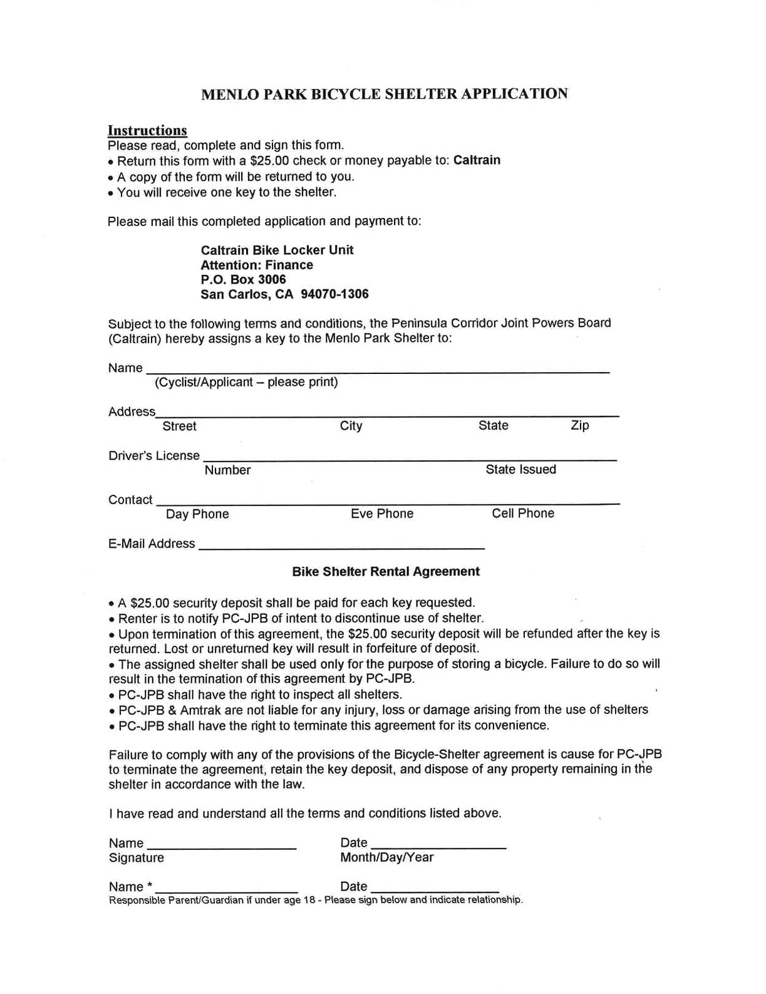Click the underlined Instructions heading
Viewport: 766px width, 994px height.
pyautogui.click(x=147, y=130)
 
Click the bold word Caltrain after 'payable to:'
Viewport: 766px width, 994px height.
pyautogui.click(x=477, y=160)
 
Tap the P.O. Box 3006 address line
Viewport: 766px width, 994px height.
pyautogui.click(x=243, y=279)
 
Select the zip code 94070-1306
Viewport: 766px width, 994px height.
pyautogui.click(x=334, y=294)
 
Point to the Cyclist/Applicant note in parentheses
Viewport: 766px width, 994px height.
pyautogui.click(x=246, y=382)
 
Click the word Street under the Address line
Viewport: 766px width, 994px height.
pyautogui.click(x=179, y=426)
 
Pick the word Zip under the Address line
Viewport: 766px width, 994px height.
pyautogui.click(x=579, y=425)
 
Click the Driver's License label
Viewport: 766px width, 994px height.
pyautogui.click(x=154, y=455)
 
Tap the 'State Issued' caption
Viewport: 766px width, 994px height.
pyautogui.click(x=520, y=469)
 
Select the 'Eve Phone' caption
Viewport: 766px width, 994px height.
pyautogui.click(x=382, y=514)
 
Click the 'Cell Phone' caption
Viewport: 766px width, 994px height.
pyautogui.click(x=523, y=513)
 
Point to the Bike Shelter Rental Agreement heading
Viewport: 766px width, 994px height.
pyautogui.click(x=386, y=571)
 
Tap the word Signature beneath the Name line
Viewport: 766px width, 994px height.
pyautogui.click(x=137, y=857)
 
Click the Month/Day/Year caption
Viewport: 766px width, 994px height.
pyautogui.click(x=386, y=857)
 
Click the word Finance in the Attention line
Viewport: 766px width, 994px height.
pyautogui.click(x=289, y=265)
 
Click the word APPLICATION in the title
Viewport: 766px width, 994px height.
pyautogui.click(x=515, y=94)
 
